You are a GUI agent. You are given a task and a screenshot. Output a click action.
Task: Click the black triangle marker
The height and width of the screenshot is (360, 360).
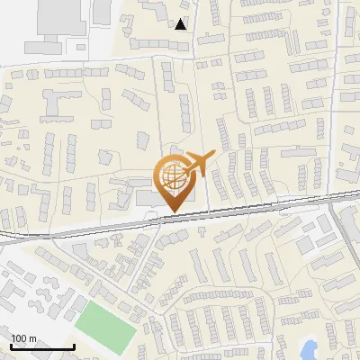[181, 24]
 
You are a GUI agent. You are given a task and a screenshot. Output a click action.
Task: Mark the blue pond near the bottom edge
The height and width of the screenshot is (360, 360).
[310, 348]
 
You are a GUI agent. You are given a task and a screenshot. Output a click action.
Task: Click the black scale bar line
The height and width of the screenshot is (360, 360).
[42, 347]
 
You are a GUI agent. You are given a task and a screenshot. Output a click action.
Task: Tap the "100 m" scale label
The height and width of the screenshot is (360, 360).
[23, 338]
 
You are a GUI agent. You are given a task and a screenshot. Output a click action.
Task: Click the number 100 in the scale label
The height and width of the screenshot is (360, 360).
[19, 338]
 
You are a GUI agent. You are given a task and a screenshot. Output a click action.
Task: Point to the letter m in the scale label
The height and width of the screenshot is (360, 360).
[32, 339]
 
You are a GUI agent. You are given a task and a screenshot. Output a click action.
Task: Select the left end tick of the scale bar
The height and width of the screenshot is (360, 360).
[11, 346]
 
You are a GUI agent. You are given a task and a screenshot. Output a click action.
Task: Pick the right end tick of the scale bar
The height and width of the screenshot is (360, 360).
[74, 346]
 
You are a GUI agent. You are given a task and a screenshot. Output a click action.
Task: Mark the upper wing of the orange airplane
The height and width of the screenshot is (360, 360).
[197, 153]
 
